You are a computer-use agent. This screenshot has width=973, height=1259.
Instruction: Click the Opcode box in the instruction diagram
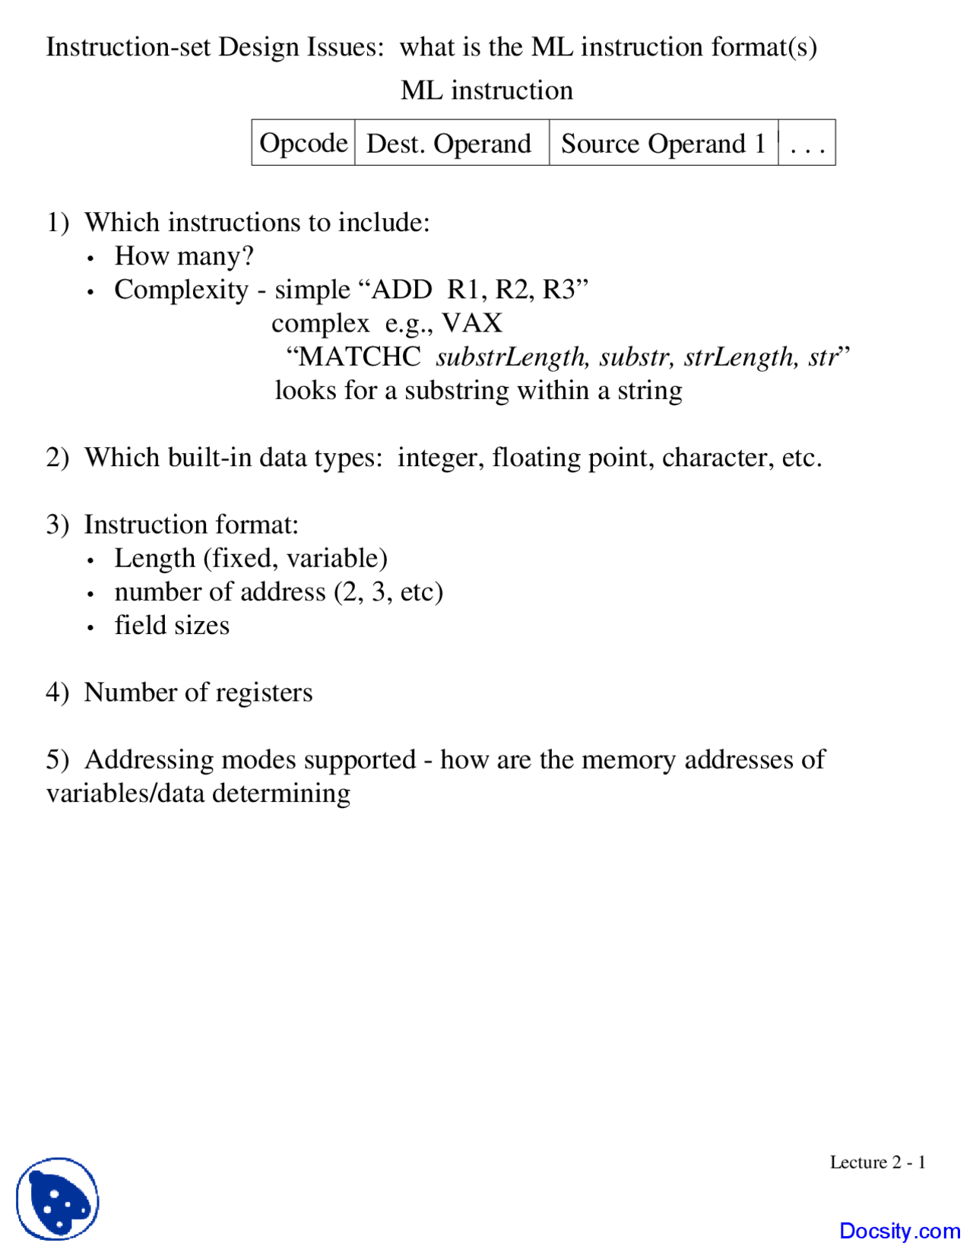tap(303, 143)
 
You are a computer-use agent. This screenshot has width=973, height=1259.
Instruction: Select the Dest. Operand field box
tap(451, 143)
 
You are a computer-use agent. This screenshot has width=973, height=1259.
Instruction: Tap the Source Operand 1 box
tap(663, 143)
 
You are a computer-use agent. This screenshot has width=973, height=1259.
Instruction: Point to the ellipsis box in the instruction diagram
tap(807, 143)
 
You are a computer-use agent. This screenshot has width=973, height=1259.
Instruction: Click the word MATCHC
tap(360, 357)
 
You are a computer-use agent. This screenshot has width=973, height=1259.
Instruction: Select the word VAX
tap(472, 323)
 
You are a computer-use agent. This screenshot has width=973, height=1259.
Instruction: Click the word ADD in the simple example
tap(401, 290)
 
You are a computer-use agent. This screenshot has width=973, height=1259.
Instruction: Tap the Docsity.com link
tap(899, 1231)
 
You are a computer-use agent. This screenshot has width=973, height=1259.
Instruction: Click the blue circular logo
tap(58, 1199)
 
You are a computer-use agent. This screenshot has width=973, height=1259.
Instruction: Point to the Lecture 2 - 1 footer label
tap(877, 1162)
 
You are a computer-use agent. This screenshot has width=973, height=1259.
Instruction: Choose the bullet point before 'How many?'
tap(90, 258)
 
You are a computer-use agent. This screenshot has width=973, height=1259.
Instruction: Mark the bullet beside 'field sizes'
tap(90, 628)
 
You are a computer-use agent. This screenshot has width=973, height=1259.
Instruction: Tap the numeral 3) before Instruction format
tap(57, 525)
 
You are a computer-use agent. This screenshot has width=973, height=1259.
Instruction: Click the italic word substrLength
tap(511, 357)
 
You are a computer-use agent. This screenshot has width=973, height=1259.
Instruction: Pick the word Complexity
tap(181, 290)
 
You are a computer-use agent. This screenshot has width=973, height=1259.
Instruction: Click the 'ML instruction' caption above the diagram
tap(486, 90)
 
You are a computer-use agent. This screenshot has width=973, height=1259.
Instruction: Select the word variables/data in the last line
tap(125, 793)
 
